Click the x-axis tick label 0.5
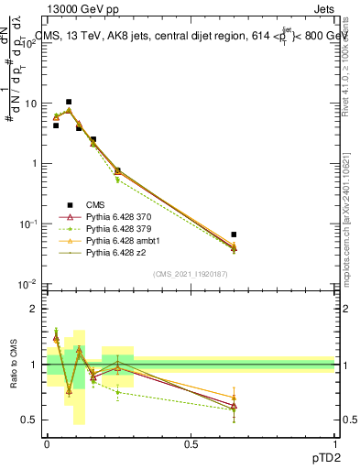(x=191, y=443)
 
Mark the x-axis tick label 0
(x=47, y=443)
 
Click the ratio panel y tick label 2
(x=34, y=309)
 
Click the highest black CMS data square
(x=69, y=102)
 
